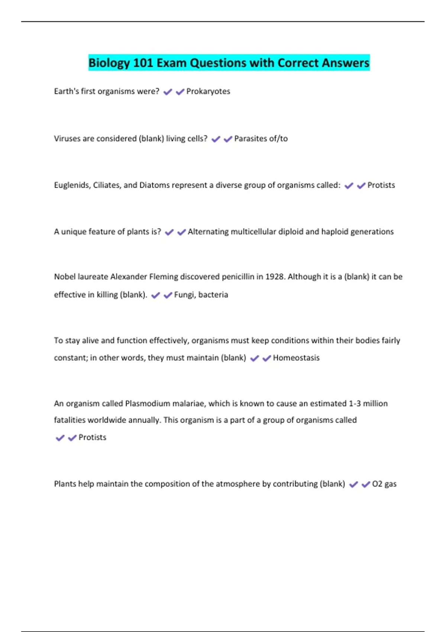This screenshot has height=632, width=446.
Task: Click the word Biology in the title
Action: tap(109, 63)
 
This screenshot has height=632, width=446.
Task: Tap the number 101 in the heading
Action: tap(143, 63)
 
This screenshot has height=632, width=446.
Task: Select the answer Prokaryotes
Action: tap(208, 91)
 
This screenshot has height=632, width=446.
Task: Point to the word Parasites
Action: tap(250, 139)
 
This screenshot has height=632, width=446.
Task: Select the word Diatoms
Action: tap(153, 185)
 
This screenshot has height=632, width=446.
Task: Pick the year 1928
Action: tap(275, 277)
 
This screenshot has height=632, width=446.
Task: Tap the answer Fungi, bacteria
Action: tap(201, 295)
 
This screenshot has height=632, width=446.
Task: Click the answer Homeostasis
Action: tap(296, 358)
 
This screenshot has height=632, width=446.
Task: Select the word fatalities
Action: tap(70, 420)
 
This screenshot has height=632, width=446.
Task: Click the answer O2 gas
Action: tap(384, 484)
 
